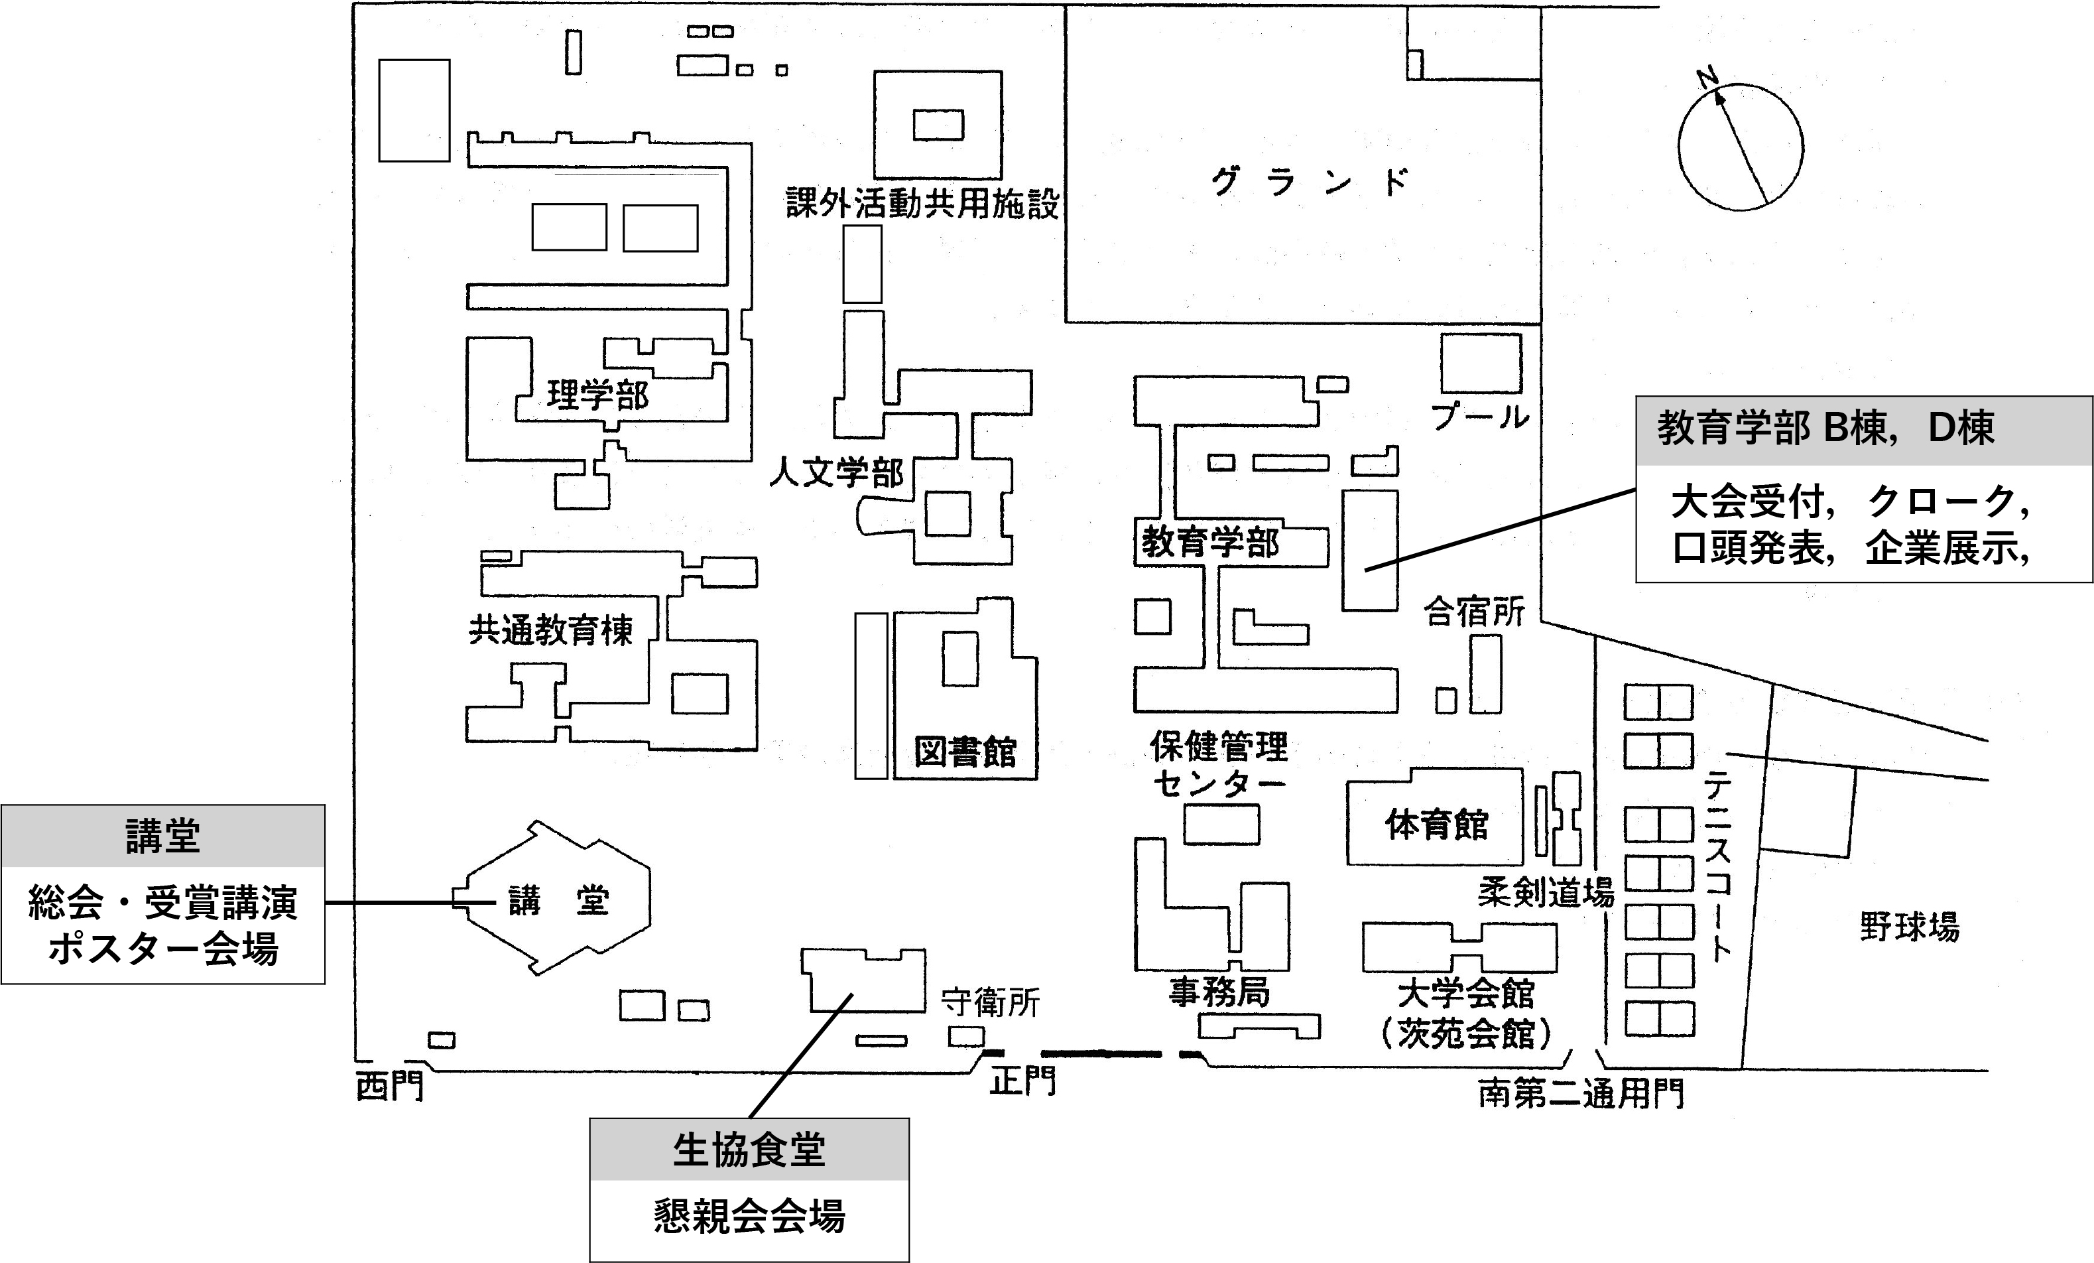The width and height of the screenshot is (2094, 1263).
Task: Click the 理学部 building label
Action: point(597,395)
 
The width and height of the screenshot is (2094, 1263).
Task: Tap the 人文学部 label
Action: point(836,472)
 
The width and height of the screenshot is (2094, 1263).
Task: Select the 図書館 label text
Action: point(965,752)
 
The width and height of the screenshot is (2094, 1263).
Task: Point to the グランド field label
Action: point(1309,182)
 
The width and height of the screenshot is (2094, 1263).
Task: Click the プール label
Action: point(1479,417)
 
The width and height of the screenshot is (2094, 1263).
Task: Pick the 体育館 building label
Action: point(1437,824)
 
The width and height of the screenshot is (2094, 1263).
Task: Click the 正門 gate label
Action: point(1023,1081)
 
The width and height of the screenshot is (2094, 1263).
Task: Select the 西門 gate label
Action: point(389,1086)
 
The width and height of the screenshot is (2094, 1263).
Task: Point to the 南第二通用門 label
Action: point(1581,1094)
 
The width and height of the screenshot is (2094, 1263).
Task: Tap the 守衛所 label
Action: point(991,1003)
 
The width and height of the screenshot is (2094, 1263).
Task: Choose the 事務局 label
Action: point(1219,991)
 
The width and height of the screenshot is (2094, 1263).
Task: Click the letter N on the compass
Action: point(1707,78)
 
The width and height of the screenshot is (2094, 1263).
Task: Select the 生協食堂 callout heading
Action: point(749,1150)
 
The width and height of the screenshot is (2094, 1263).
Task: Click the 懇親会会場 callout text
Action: point(749,1217)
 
